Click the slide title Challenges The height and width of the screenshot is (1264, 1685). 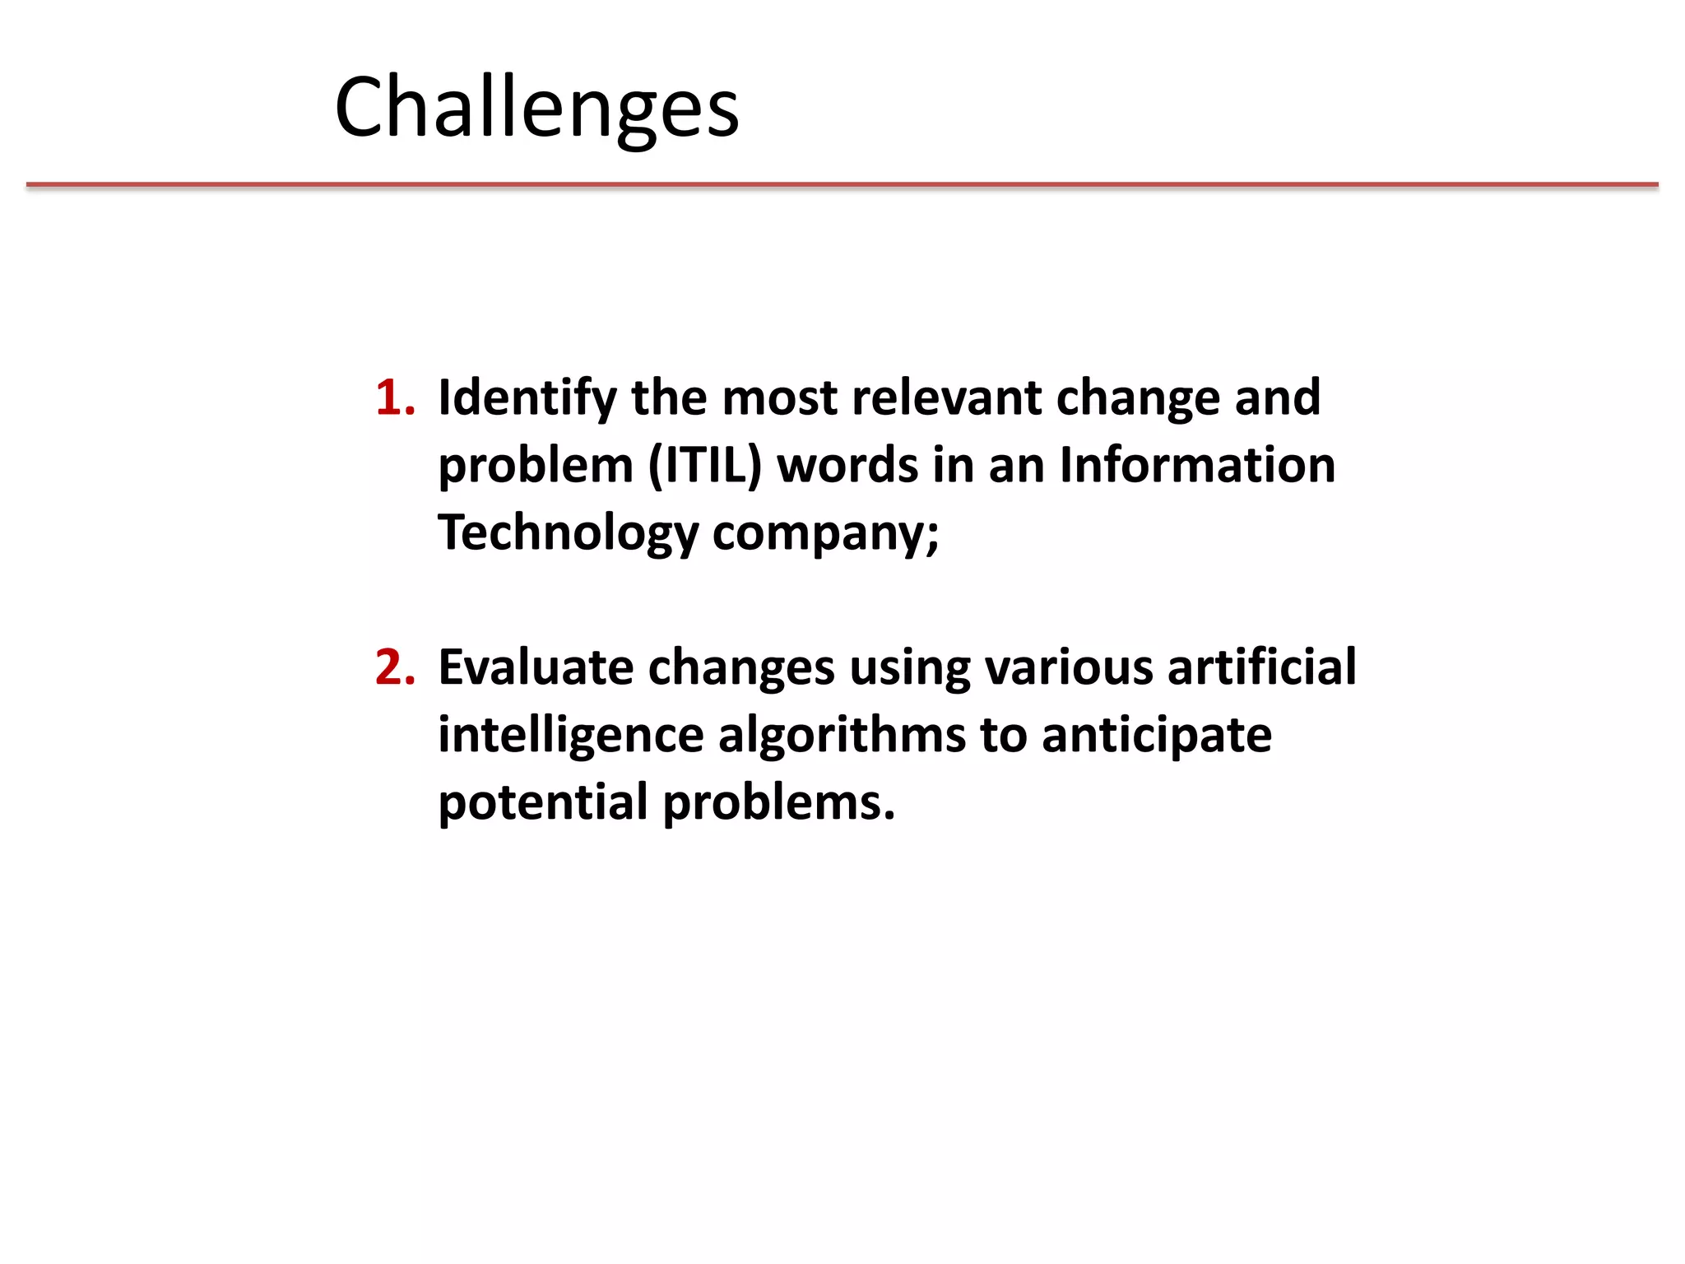536,107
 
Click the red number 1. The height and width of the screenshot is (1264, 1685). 394,397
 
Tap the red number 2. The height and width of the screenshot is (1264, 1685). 394,667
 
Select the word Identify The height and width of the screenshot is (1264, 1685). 527,399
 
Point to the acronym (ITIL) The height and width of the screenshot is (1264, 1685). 705,466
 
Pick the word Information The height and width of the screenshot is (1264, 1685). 1197,465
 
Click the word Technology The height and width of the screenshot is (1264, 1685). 568,534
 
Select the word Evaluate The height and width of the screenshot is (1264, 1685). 536,667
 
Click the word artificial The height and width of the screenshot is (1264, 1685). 1261,667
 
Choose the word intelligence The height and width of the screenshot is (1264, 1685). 571,735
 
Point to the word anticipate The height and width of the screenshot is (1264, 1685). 1157,735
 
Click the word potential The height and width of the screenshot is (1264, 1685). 543,802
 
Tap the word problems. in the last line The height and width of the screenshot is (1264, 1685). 778,802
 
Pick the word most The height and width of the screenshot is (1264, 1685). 779,399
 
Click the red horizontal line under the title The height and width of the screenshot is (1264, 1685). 842,185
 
